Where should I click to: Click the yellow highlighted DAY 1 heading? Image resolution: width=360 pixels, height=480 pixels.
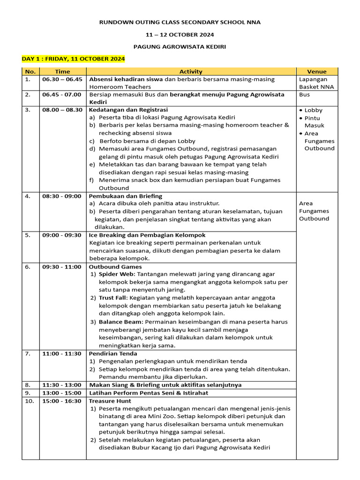tap(73, 59)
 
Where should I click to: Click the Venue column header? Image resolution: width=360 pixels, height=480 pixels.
tap(316, 72)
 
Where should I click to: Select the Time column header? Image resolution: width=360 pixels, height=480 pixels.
tap(62, 72)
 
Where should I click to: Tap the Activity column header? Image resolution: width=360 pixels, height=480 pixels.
tap(191, 72)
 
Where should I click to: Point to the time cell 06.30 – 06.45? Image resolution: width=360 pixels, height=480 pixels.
tap(62, 79)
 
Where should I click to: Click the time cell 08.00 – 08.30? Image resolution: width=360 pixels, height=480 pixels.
tap(62, 110)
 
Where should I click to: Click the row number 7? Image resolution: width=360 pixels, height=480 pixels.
tap(28, 354)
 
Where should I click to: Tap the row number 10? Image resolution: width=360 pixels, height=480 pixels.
tap(29, 401)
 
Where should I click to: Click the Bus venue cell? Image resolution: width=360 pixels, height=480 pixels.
tap(304, 95)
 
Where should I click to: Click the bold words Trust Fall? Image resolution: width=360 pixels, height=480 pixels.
tap(112, 298)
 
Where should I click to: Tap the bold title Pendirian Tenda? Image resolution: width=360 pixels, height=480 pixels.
tap(113, 354)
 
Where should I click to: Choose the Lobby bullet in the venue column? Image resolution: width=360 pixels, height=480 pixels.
tap(313, 111)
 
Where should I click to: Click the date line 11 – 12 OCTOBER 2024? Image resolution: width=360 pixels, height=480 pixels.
tap(180, 34)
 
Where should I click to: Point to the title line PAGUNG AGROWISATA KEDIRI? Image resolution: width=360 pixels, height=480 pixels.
tap(180, 47)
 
